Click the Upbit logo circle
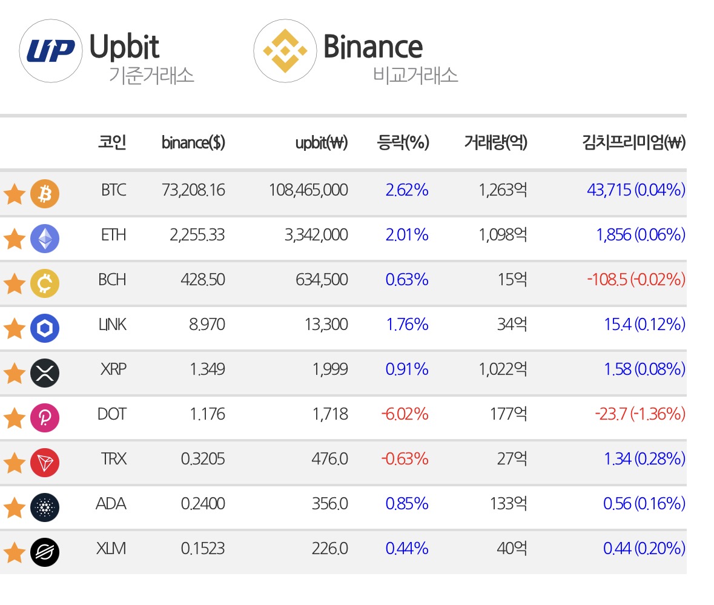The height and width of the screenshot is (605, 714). tap(50, 51)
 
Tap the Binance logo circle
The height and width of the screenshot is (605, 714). tap(285, 51)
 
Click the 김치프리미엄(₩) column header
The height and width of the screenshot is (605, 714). tap(634, 142)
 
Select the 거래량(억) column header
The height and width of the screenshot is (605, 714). tap(495, 142)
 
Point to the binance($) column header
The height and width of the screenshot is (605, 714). tap(193, 142)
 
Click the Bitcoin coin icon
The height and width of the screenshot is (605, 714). tap(45, 193)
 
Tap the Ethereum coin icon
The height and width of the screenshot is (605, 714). tap(45, 239)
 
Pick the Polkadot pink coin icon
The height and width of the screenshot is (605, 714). tap(45, 417)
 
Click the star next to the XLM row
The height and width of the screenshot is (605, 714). tap(14, 552)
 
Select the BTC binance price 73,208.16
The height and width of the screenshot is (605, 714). tap(193, 190)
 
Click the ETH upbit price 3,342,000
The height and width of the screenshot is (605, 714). tap(316, 235)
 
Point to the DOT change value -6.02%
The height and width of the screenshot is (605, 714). tap(405, 414)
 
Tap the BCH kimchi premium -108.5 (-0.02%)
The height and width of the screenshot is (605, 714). tap(636, 280)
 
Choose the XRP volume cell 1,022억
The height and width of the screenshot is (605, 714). tap(503, 369)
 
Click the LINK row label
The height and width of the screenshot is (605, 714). tap(112, 325)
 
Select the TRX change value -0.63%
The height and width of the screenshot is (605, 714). tap(405, 459)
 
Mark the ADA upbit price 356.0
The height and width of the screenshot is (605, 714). tap(329, 503)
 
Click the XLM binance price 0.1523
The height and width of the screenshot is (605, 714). tap(203, 549)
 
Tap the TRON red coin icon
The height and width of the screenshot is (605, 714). tap(45, 463)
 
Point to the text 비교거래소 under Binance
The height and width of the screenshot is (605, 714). tap(415, 75)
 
